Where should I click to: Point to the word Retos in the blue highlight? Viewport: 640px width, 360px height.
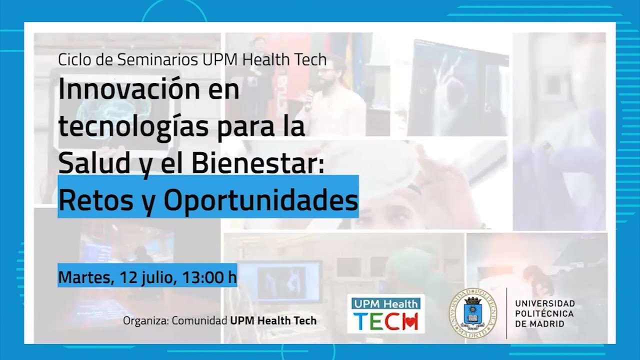(x=89, y=200)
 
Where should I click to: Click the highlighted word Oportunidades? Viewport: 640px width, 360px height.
(x=261, y=200)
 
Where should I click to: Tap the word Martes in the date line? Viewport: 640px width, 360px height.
(x=83, y=276)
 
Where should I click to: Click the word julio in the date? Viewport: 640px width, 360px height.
(x=156, y=276)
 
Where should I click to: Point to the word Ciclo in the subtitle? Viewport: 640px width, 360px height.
(x=73, y=59)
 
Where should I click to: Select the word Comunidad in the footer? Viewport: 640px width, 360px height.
(x=199, y=320)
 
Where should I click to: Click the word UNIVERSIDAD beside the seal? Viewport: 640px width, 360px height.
(x=545, y=303)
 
